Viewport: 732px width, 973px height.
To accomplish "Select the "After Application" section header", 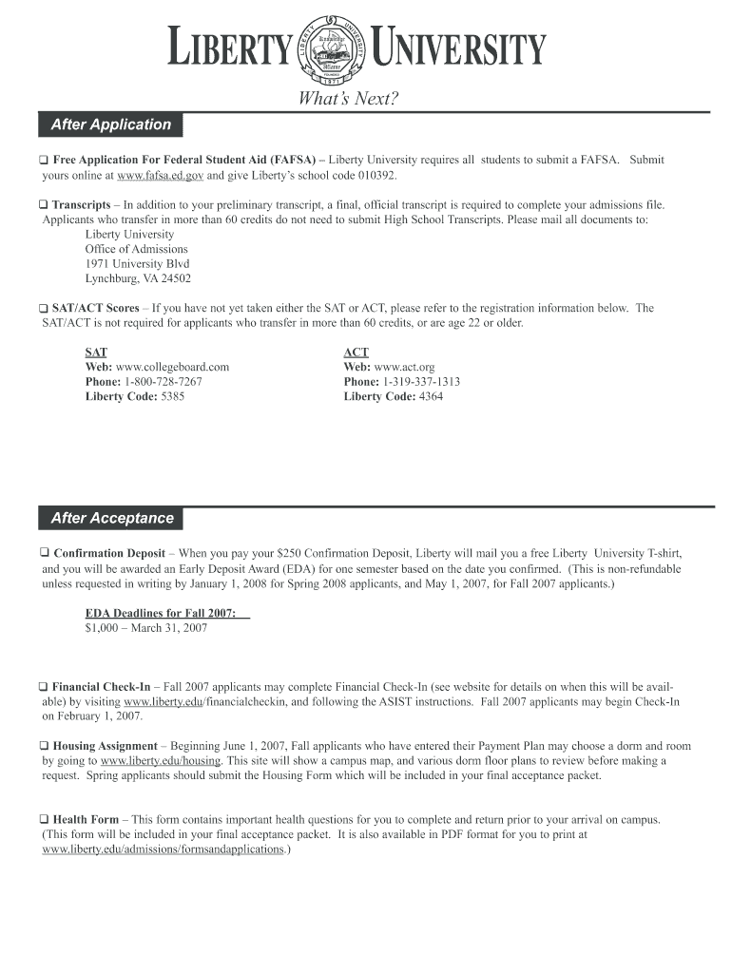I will pos(110,124).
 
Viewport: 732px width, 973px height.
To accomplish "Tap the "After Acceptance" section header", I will pos(112,518).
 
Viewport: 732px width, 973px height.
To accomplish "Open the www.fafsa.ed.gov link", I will pos(161,176).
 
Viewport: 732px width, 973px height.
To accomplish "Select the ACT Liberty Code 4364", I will pos(431,397).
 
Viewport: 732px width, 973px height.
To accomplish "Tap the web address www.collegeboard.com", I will pos(172,367).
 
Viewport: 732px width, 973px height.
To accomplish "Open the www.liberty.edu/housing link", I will pos(161,761).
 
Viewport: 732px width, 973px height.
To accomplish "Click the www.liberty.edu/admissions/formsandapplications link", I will pos(164,849).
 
